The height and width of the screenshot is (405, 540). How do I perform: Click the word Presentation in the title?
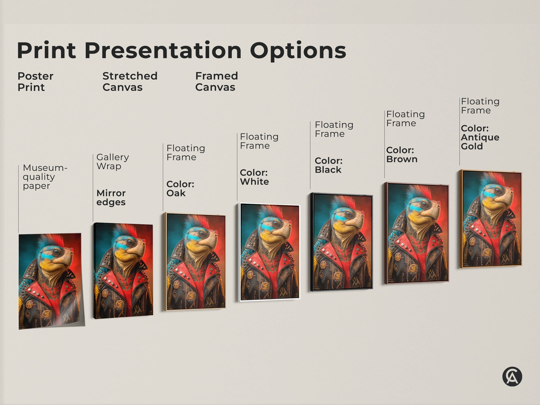(165, 51)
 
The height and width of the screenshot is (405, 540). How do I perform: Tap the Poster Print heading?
(35, 82)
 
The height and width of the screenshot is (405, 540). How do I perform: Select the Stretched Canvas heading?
(130, 82)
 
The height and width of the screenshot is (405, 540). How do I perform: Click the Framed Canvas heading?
(216, 82)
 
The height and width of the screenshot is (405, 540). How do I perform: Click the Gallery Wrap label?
(112, 162)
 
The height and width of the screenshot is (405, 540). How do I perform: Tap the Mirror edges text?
(111, 197)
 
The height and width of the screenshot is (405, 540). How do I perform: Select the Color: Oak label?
(180, 188)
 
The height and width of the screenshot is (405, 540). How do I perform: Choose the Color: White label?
(254, 177)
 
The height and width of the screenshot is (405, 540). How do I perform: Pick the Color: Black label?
(329, 165)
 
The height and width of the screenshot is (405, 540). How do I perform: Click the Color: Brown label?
(402, 155)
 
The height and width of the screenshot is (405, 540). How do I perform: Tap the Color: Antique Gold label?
(480, 137)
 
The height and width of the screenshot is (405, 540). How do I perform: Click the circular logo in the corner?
(512, 377)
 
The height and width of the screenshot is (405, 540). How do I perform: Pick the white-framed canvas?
(269, 253)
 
